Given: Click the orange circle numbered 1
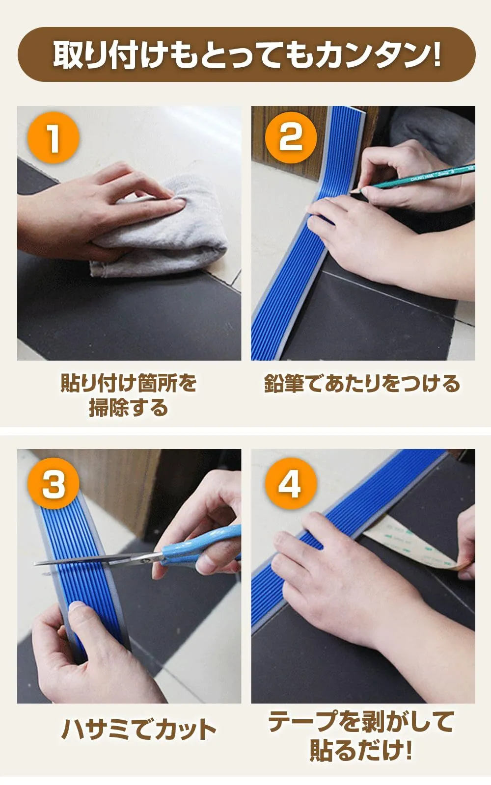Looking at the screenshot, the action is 53,138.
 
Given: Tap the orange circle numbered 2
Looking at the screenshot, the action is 290,138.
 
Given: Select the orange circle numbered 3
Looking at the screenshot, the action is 54,484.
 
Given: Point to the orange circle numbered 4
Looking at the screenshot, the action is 291,484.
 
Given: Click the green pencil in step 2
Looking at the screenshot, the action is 414,178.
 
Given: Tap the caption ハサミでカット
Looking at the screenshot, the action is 139,730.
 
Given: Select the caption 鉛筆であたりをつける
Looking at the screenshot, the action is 362,383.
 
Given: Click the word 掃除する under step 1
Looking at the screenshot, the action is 128,408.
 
